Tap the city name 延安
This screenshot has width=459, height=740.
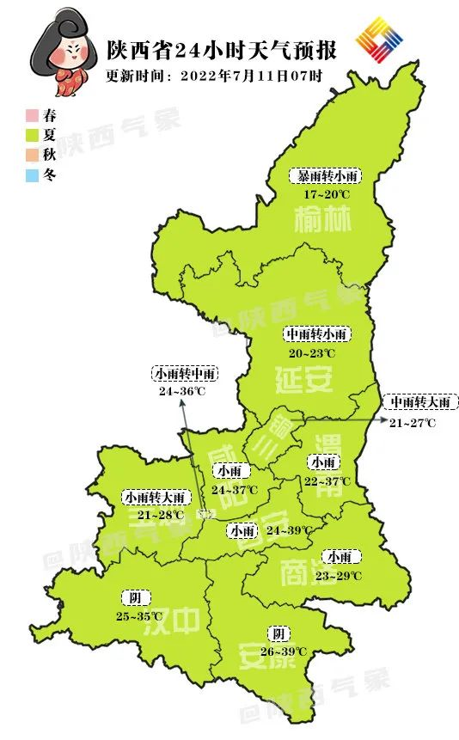pyautogui.click(x=304, y=378)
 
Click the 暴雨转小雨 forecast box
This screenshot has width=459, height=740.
pyautogui.click(x=324, y=176)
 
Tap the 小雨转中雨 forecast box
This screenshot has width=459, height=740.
pyautogui.click(x=185, y=374)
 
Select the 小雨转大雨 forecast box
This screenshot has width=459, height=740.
pyautogui.click(x=155, y=497)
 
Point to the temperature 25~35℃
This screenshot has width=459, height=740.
pyautogui.click(x=138, y=616)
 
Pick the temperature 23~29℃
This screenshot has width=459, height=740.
pyautogui.click(x=338, y=575)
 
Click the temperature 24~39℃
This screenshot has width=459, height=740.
pyautogui.click(x=289, y=530)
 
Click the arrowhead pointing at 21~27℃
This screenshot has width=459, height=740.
pyautogui.click(x=379, y=419)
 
